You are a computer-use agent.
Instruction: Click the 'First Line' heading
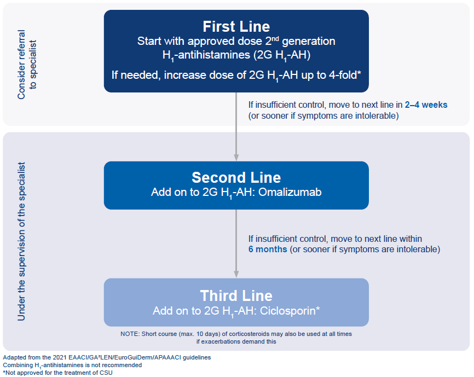(236, 27)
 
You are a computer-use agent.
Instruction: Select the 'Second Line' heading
(236, 178)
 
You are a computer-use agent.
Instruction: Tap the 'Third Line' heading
(236, 295)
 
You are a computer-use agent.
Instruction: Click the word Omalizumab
(290, 192)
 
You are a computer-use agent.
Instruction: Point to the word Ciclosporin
(287, 311)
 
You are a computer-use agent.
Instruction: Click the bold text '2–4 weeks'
(426, 105)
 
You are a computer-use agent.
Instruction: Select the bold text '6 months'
(268, 249)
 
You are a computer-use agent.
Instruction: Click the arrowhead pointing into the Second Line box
(236, 158)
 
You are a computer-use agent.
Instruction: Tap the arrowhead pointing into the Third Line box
(236, 274)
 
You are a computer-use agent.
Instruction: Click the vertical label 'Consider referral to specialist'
(27, 65)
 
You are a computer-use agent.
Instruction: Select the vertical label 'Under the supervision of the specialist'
(21, 241)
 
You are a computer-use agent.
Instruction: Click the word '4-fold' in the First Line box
(343, 75)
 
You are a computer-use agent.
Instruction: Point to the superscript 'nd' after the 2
(275, 38)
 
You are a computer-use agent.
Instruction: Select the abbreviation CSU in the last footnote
(106, 373)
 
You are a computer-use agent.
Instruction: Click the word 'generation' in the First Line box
(308, 41)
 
